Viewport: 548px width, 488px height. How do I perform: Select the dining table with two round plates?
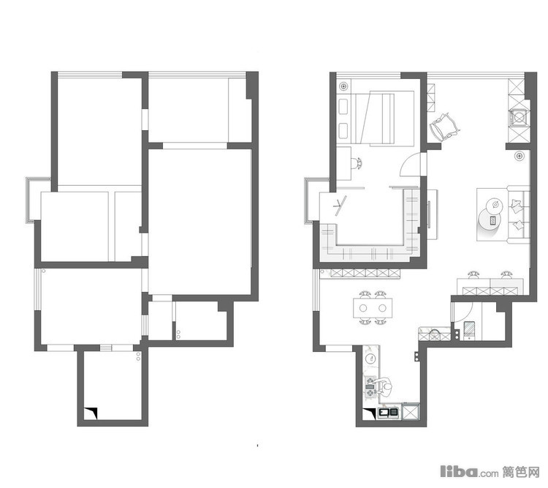(373, 308)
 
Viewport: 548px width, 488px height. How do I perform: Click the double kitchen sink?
(389, 413)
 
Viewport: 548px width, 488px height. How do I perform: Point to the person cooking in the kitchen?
(384, 387)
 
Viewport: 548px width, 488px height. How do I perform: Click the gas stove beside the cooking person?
(370, 386)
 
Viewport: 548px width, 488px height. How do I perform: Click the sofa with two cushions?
(518, 214)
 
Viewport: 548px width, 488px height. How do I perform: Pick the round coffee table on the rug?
(490, 219)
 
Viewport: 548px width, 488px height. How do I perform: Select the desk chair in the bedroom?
(357, 163)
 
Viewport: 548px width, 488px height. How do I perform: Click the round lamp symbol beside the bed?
(344, 86)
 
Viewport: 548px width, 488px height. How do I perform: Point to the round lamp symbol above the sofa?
(520, 156)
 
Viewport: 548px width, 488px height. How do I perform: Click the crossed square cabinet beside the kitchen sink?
(411, 411)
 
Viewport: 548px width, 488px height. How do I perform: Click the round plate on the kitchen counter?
(370, 358)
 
